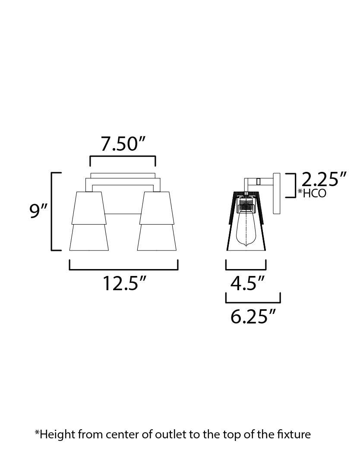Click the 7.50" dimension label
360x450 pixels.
click(123, 144)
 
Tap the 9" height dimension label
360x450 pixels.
click(38, 212)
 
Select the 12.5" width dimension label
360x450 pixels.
click(123, 283)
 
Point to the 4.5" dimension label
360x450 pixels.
click(247, 283)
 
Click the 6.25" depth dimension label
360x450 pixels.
click(253, 317)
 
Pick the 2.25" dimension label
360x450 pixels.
click(324, 179)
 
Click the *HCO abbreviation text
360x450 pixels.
click(312, 193)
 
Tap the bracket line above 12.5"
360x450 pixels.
click(123, 269)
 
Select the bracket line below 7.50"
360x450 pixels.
click(123, 158)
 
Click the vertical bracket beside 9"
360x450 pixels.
click(53, 211)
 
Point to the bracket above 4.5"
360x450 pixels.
click(246, 269)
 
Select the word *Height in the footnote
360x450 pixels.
click(51, 434)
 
